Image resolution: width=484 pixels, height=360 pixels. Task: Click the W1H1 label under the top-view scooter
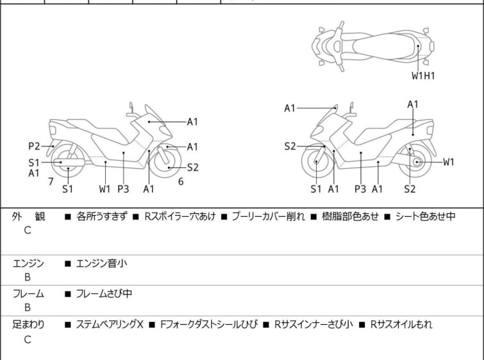[x=423, y=76]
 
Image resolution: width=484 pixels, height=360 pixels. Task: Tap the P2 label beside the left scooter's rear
[x=34, y=146]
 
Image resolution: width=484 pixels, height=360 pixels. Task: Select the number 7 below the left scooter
[x=51, y=182]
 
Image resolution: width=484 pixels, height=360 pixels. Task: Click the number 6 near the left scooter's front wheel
[x=181, y=182]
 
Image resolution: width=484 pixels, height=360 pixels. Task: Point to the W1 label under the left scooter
[x=104, y=189]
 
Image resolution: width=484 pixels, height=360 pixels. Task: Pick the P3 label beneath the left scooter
[x=123, y=189]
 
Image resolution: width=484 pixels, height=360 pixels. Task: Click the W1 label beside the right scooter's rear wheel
[x=449, y=162]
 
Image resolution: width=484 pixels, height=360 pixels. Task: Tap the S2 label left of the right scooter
[x=290, y=146]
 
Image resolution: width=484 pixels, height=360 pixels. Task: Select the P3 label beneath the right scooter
[x=360, y=189]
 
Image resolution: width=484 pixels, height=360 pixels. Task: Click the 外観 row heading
[x=28, y=217]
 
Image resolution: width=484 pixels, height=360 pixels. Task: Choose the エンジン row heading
[x=28, y=264]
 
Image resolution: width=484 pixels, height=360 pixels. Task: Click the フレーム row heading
[x=28, y=294]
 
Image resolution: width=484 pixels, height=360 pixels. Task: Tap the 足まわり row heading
[x=28, y=325]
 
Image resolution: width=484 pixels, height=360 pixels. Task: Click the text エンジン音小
[x=101, y=264]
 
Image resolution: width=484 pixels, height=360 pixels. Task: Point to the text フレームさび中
[x=104, y=293]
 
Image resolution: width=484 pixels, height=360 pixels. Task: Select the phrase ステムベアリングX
[x=110, y=325]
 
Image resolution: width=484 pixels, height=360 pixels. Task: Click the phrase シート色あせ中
[x=426, y=216]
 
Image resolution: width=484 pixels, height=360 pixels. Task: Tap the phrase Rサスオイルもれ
[x=401, y=325]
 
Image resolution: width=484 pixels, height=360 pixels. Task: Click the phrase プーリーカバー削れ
[x=268, y=216]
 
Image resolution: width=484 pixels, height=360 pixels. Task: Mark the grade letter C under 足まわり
[x=28, y=339]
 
